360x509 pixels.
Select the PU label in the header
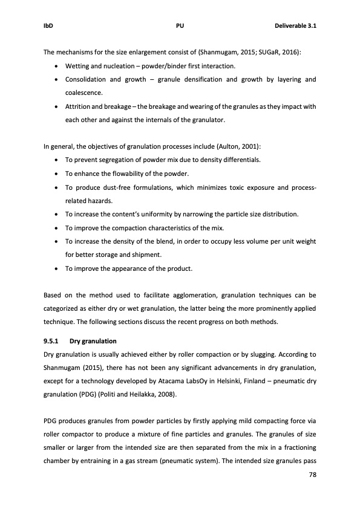coord(180,26)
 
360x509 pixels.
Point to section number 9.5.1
coord(51,341)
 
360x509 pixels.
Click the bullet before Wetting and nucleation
coord(56,66)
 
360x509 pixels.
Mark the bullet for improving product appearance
coord(56,269)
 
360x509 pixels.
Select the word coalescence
coord(84,93)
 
